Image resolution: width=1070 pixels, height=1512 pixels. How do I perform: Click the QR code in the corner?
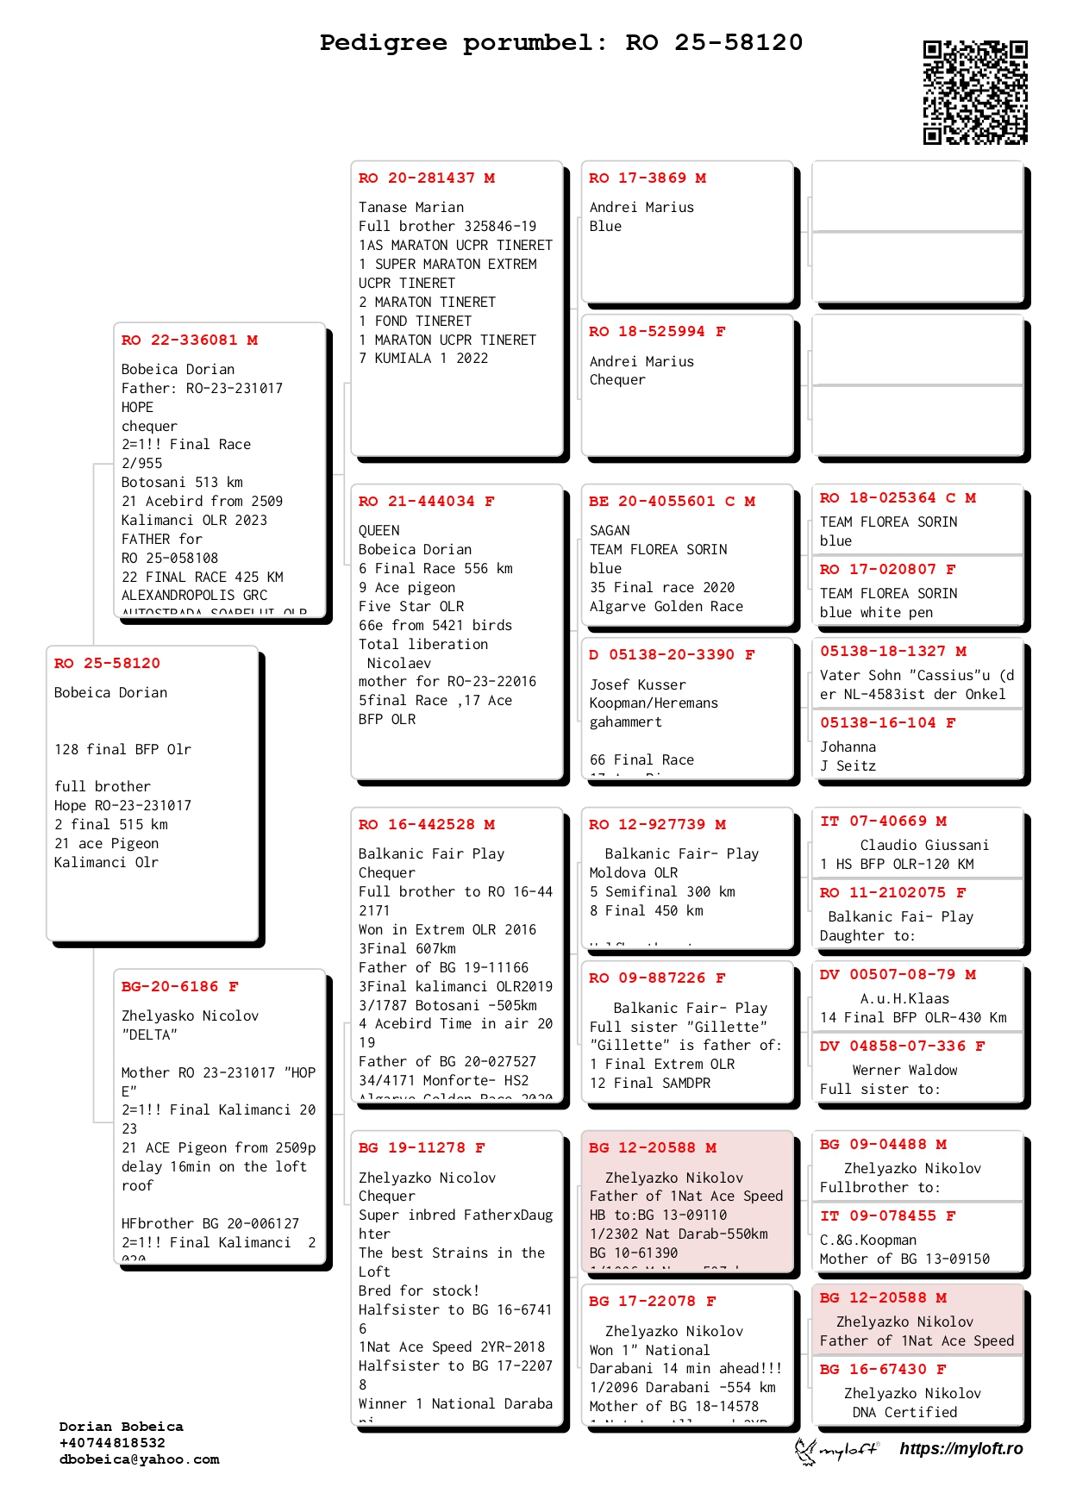pos(975,92)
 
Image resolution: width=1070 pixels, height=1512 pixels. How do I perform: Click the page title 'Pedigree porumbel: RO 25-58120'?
pos(560,42)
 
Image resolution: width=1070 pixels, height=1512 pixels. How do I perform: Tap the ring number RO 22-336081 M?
pos(190,340)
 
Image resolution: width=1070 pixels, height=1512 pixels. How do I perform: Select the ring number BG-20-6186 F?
pos(179,986)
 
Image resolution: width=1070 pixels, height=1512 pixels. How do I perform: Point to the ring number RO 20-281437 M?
pos(427,178)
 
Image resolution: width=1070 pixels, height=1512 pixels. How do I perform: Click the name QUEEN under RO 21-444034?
pos(379,530)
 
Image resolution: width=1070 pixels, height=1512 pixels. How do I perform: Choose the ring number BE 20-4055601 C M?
pos(672,501)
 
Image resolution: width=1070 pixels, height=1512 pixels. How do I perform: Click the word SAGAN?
pos(610,530)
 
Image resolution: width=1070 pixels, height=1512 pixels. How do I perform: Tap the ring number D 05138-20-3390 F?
pos(672,654)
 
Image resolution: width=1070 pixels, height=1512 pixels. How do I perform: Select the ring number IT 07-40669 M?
pos(883,821)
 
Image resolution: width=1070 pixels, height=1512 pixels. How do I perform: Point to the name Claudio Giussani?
pos(924,845)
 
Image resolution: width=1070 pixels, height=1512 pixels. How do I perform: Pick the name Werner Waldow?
pos(904,1070)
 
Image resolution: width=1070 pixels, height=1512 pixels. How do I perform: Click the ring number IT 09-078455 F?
pos(887,1215)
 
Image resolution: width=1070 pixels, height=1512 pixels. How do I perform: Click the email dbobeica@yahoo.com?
pos(139,1459)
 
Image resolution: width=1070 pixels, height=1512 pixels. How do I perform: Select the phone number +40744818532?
pos(112,1443)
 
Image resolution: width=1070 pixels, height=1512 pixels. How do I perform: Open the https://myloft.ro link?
pos(960,1448)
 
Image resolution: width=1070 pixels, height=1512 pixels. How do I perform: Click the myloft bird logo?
pos(806,1451)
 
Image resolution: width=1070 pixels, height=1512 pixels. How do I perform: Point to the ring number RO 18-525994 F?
pos(657,331)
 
